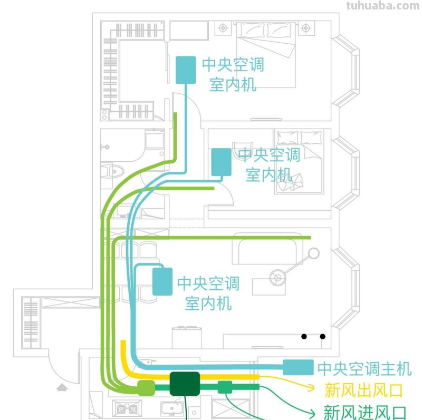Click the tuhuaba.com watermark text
tap(382, 6)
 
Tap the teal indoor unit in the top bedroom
tap(185, 70)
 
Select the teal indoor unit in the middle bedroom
tap(221, 162)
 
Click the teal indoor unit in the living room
tap(162, 281)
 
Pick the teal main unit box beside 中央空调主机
tap(298, 367)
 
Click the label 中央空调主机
tap(364, 368)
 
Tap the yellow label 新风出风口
tap(364, 390)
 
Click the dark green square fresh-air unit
tap(185, 384)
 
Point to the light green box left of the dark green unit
tap(146, 388)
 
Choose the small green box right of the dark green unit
tap(225, 387)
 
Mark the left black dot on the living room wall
tap(304, 336)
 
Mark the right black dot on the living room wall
tap(322, 336)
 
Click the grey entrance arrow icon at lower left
tap(62, 387)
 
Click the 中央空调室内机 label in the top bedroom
tap(233, 74)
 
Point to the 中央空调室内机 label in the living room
tap(208, 293)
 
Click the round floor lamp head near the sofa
tap(314, 253)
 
